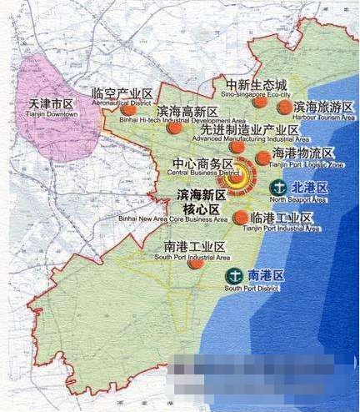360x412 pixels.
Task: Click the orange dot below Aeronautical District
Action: pyautogui.click(x=127, y=109)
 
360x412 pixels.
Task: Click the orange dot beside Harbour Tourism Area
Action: pyautogui.click(x=285, y=108)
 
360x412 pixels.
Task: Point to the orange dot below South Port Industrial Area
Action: pyautogui.click(x=195, y=264)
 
